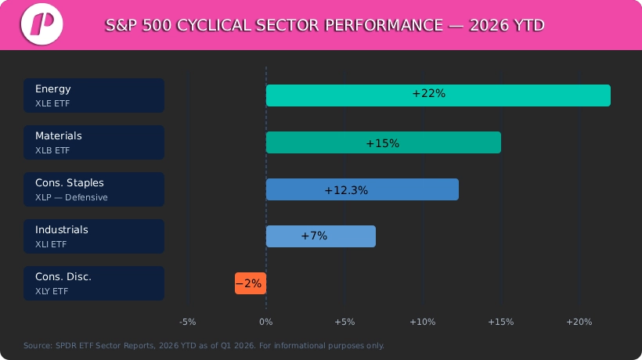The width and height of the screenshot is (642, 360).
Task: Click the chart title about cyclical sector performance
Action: [x=325, y=25]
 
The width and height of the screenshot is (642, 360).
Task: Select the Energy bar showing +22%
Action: [x=438, y=95]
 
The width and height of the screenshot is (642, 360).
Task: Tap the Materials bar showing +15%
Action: [x=383, y=142]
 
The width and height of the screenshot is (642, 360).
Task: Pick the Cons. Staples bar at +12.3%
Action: [x=362, y=189]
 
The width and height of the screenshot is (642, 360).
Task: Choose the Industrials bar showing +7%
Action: [x=320, y=236]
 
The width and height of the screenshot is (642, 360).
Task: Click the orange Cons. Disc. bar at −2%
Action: [x=251, y=283]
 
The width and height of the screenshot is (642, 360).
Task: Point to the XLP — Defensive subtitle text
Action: [x=71, y=197]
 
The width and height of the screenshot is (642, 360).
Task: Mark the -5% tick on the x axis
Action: [x=188, y=322]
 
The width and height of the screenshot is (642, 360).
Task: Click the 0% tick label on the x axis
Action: [x=266, y=322]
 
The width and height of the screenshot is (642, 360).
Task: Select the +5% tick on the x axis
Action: [x=344, y=322]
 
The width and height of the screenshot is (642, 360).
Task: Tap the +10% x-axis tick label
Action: [x=423, y=322]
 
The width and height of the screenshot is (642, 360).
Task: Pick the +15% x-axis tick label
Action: [x=501, y=322]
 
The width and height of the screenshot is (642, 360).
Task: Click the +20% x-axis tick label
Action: [x=579, y=322]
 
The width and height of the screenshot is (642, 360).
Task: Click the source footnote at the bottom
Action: [x=204, y=345]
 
